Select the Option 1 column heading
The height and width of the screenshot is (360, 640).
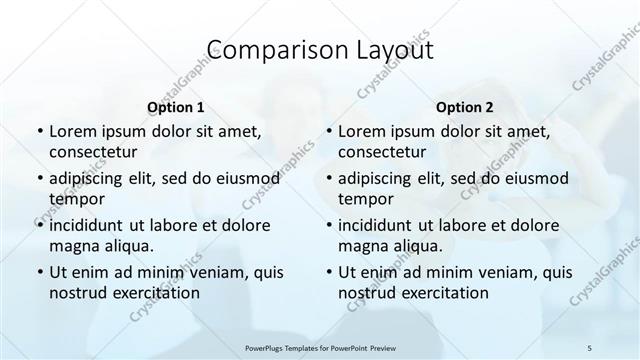tap(175, 107)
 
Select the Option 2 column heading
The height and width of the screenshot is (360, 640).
tap(463, 107)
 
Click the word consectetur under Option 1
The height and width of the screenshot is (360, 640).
tap(93, 152)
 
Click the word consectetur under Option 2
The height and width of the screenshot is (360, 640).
tap(382, 152)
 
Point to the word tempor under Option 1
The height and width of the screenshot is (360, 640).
tap(76, 199)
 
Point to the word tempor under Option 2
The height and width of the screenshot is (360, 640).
tap(365, 199)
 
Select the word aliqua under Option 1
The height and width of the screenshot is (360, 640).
tap(129, 246)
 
